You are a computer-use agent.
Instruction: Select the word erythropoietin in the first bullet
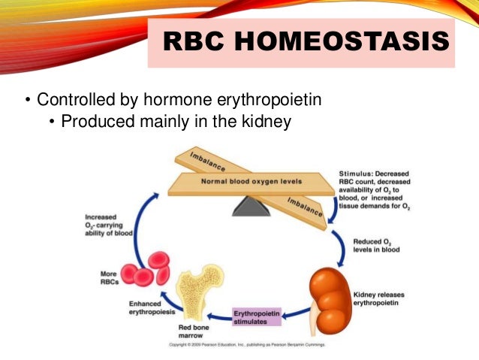click(x=262, y=100)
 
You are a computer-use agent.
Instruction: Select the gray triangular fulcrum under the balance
click(x=251, y=205)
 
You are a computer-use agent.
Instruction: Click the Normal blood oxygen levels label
click(x=243, y=182)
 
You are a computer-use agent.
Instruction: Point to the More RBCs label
click(x=111, y=277)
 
